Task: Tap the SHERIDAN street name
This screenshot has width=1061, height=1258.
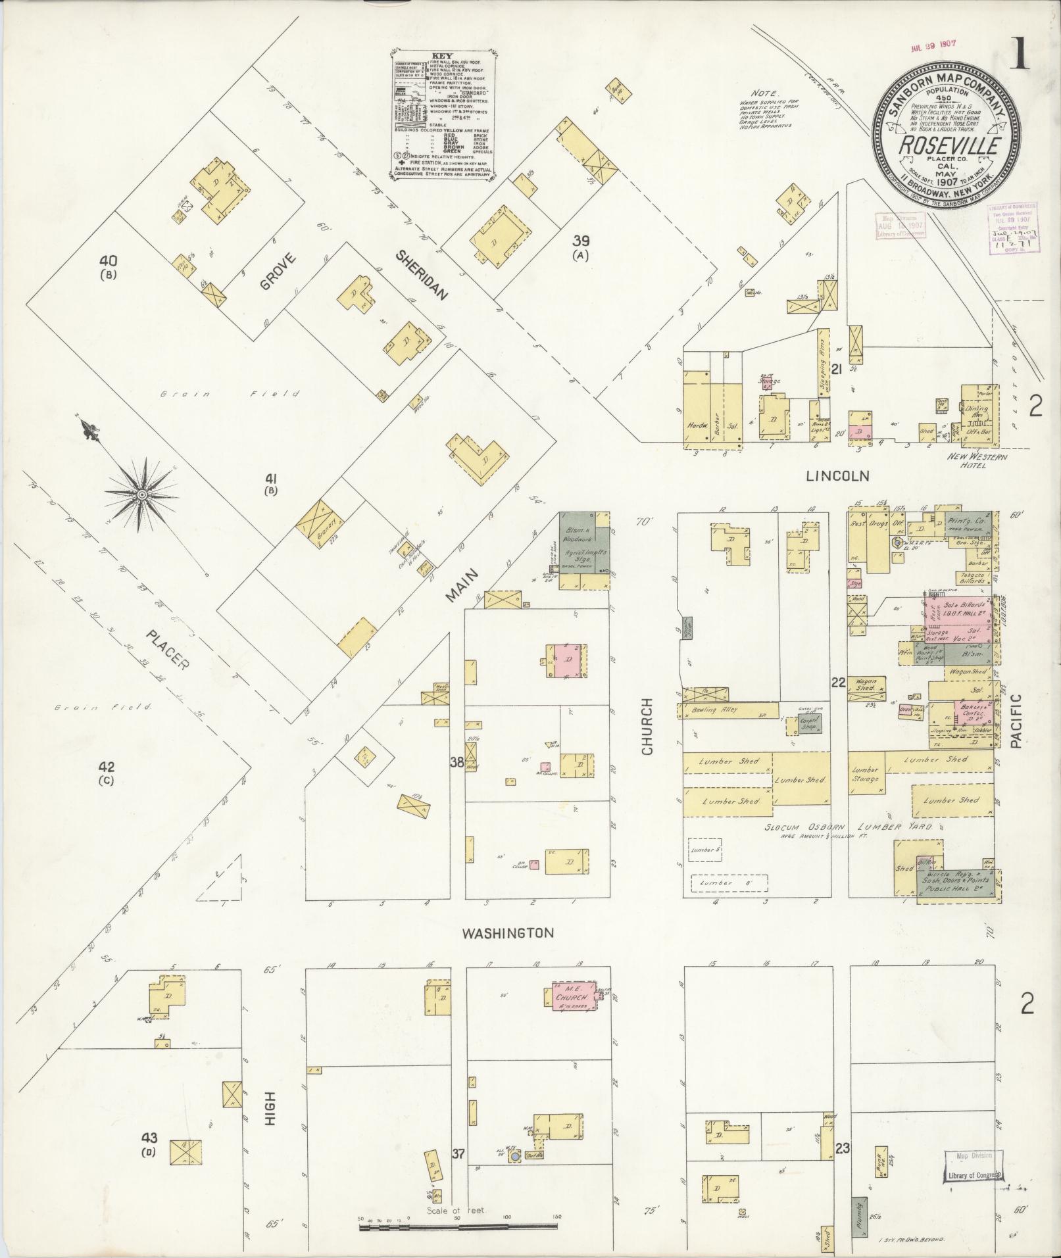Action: click(x=421, y=276)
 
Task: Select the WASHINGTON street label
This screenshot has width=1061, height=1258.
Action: click(x=506, y=932)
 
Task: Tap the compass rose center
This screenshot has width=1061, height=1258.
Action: click(x=141, y=494)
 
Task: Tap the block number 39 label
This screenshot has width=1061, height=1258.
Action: click(x=580, y=241)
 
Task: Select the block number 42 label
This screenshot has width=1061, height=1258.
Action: click(x=107, y=767)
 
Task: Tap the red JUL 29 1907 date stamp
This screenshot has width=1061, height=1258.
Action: click(x=933, y=49)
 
